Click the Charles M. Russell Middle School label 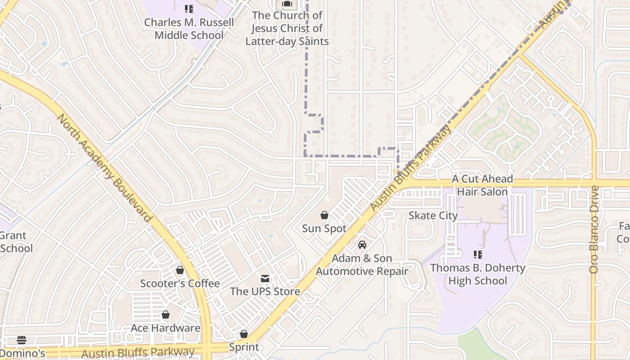189,28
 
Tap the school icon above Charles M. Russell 189,9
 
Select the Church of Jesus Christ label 287,28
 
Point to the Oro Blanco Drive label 594,229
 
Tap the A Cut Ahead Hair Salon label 482,185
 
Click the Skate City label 433,216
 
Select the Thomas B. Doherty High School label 478,274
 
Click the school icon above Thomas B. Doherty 478,255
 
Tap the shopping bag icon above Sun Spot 324,215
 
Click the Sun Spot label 324,229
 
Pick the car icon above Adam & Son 362,245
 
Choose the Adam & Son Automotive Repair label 362,265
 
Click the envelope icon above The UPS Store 265,279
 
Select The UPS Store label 265,292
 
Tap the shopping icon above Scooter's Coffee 180,270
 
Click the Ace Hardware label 166,328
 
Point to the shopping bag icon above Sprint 244,334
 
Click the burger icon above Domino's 22,340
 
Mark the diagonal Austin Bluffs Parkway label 410,168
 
